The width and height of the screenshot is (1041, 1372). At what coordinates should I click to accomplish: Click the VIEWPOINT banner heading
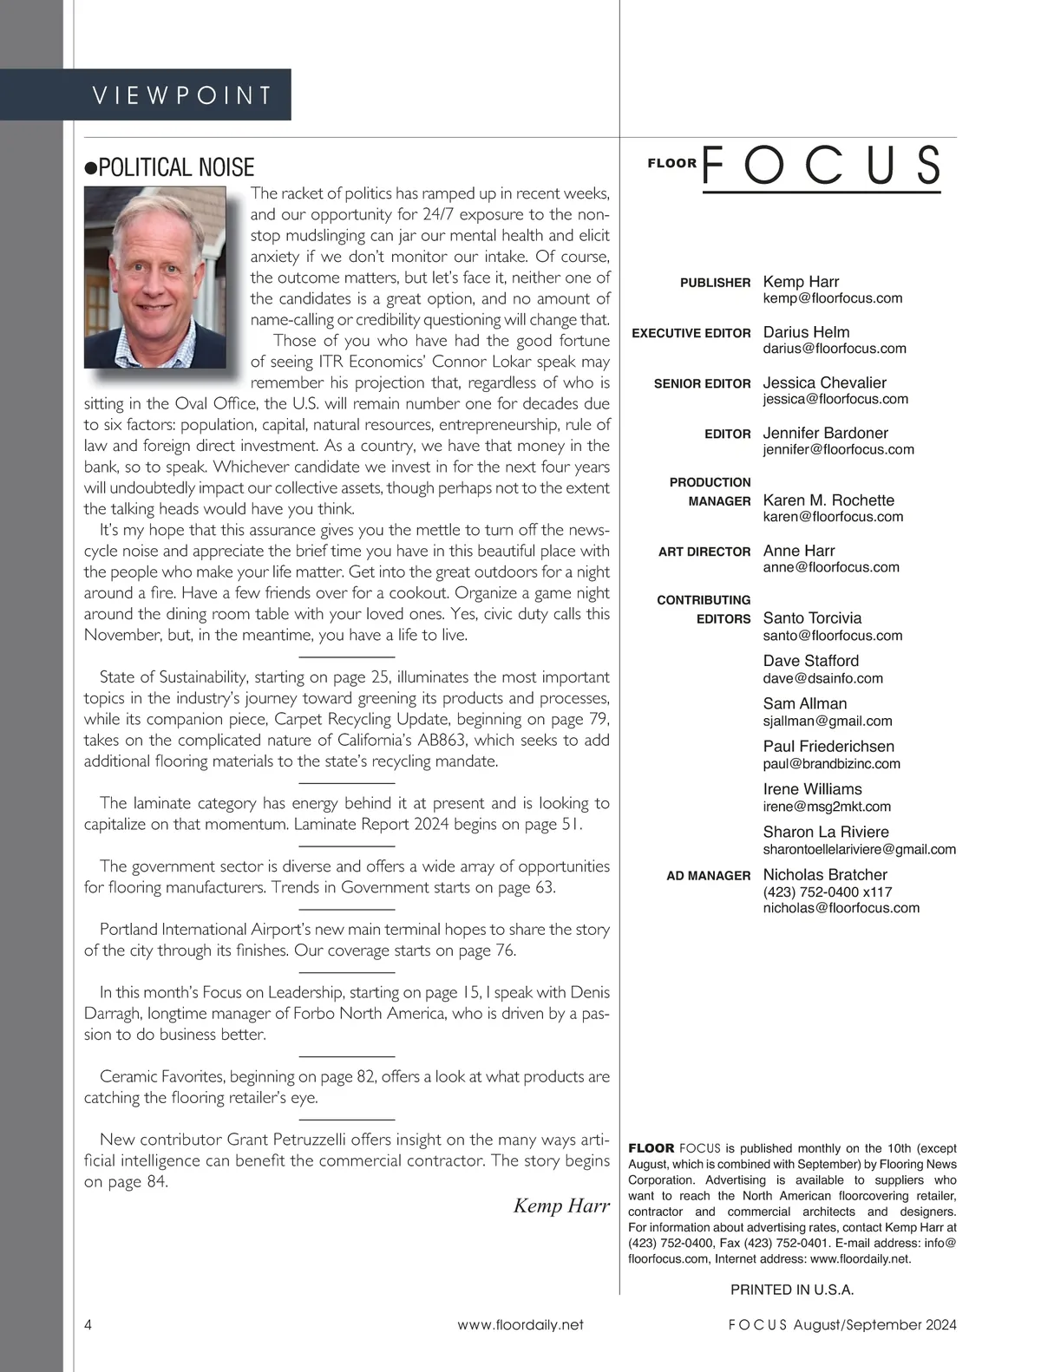coord(182,95)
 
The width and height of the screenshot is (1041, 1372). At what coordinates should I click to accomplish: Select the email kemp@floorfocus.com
coord(832,298)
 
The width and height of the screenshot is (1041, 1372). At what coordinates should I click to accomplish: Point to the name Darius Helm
coord(806,332)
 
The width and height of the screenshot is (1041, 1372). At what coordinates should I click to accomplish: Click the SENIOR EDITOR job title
coord(702,383)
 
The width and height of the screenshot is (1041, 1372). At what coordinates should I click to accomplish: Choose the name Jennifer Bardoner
coord(825,433)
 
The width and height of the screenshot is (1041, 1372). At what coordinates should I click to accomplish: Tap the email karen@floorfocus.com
coord(833,517)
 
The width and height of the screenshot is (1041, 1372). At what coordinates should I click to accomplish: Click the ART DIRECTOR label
coord(704,552)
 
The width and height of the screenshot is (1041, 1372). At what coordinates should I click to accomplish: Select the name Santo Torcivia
coord(812,618)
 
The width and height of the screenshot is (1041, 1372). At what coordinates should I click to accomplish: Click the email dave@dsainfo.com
coord(822,678)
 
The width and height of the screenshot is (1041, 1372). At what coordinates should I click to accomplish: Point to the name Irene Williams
coord(812,789)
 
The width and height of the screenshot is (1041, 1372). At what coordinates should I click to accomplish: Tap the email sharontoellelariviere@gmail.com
coord(859,849)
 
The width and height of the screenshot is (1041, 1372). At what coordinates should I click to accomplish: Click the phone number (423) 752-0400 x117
coord(827,892)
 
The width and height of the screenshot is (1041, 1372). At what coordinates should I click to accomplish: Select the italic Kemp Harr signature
coord(561,1205)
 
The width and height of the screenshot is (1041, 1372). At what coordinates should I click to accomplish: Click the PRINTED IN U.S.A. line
coord(792,1290)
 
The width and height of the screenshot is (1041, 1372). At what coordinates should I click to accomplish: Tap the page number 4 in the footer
coord(88,1324)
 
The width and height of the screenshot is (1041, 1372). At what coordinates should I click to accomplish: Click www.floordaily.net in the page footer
coord(520,1324)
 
